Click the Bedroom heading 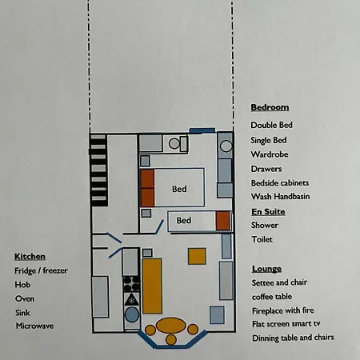pos(270,107)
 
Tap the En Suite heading pos(268,212)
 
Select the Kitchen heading pos(30,257)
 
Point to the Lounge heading pos(266,269)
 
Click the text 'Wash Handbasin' pos(281,197)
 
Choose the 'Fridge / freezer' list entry pos(41,270)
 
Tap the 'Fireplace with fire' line pos(283,310)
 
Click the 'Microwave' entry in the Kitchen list pos(34,326)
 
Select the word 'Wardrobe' pos(270,154)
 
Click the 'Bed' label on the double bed pos(179,189)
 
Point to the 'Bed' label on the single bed pos(184,220)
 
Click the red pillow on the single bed pos(222,221)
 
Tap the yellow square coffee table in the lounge pos(197,256)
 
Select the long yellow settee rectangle pos(152,286)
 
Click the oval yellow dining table pos(171,326)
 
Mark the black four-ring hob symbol pos(131,284)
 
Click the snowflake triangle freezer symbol pos(131,300)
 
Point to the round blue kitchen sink pos(132,315)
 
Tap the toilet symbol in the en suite pos(178,144)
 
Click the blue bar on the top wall pos(202,130)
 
